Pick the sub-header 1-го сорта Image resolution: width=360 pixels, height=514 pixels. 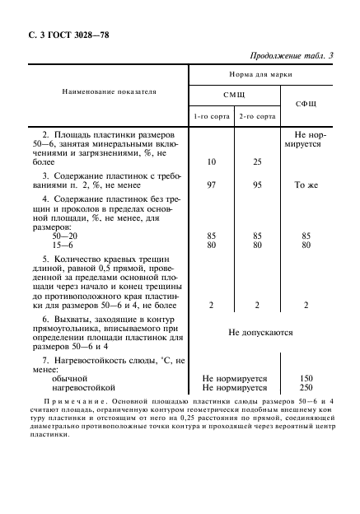click(x=211, y=116)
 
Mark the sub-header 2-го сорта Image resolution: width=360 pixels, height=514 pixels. click(x=256, y=116)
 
